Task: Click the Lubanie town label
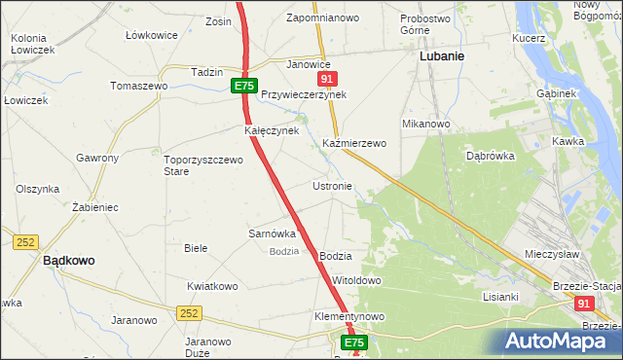click(441, 56)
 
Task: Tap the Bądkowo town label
click(68, 261)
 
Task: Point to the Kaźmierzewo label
click(354, 143)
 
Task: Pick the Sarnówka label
click(272, 234)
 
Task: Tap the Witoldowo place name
click(356, 280)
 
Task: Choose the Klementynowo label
click(349, 317)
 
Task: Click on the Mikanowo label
click(425, 125)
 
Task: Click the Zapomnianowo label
click(322, 18)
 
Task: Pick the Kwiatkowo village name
click(212, 286)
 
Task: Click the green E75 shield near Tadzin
click(244, 87)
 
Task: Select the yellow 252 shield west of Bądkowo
click(25, 241)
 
